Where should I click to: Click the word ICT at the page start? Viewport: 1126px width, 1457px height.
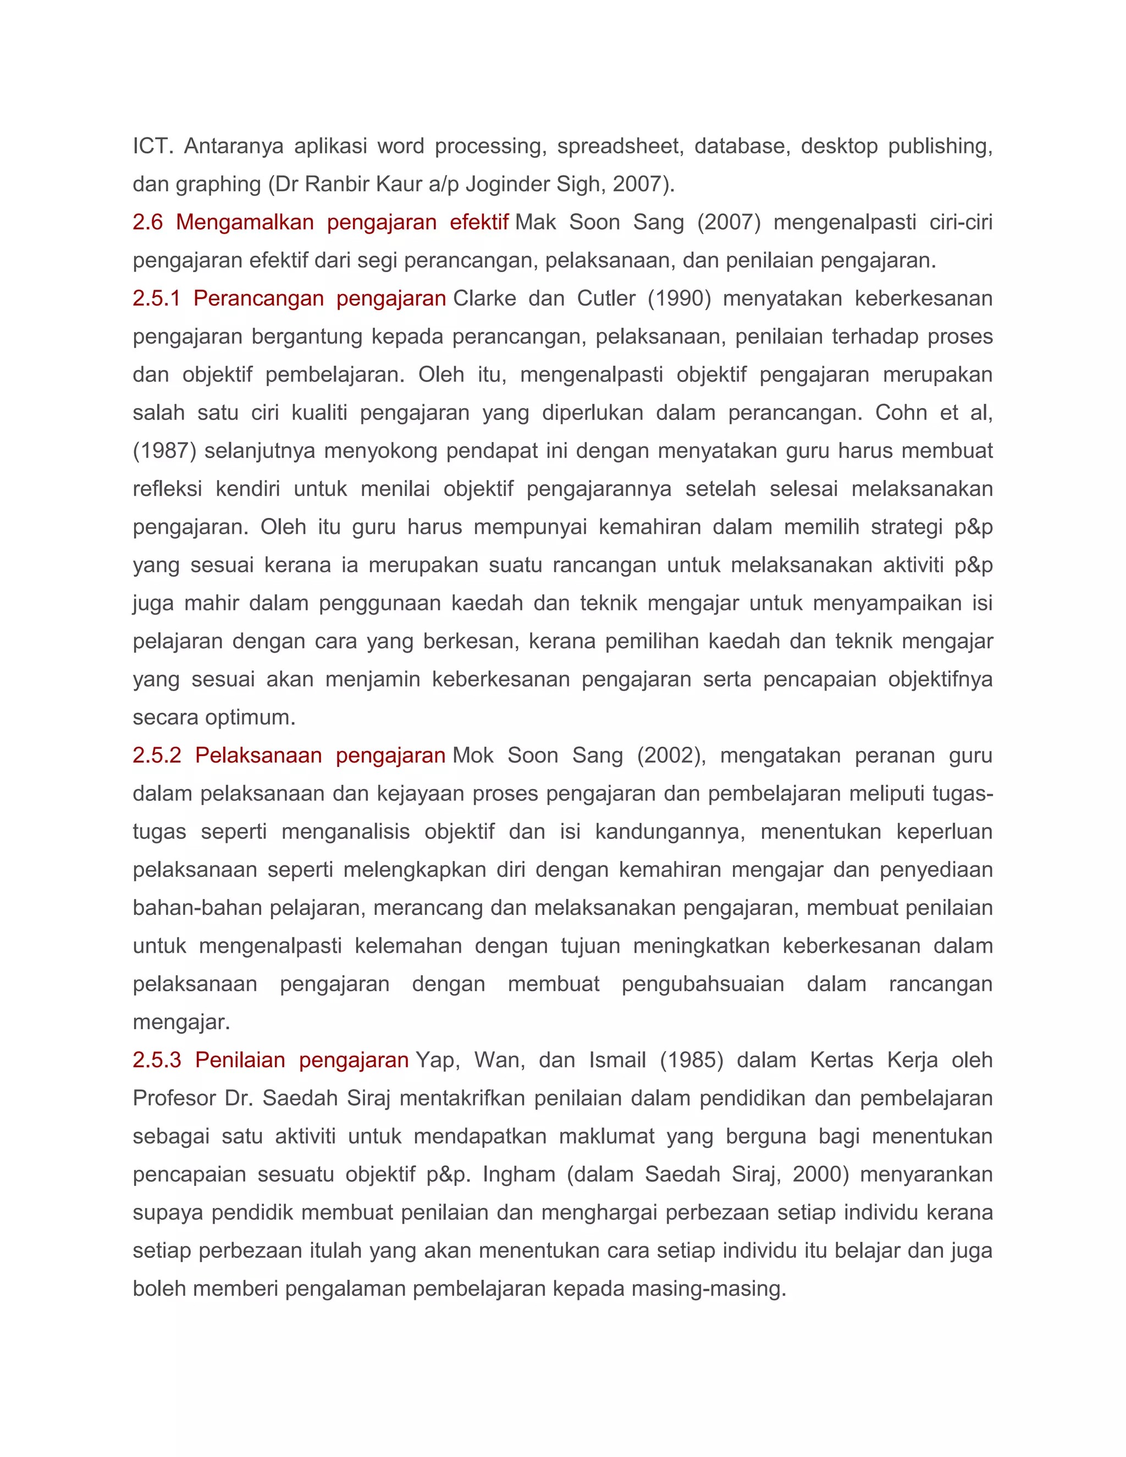click(153, 146)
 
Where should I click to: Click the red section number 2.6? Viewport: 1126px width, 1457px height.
click(147, 222)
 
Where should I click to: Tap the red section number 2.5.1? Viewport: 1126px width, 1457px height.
click(156, 298)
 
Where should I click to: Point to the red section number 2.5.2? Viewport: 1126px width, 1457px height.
click(157, 755)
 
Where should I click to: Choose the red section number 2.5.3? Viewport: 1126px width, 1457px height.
click(157, 1060)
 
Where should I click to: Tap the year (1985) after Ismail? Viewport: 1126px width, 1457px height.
click(691, 1060)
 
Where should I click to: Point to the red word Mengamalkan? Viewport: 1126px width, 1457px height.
click(245, 222)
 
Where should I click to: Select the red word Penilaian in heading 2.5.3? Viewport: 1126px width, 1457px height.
click(240, 1060)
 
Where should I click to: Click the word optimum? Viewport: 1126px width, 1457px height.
click(250, 718)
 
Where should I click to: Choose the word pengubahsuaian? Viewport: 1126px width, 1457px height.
click(703, 984)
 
